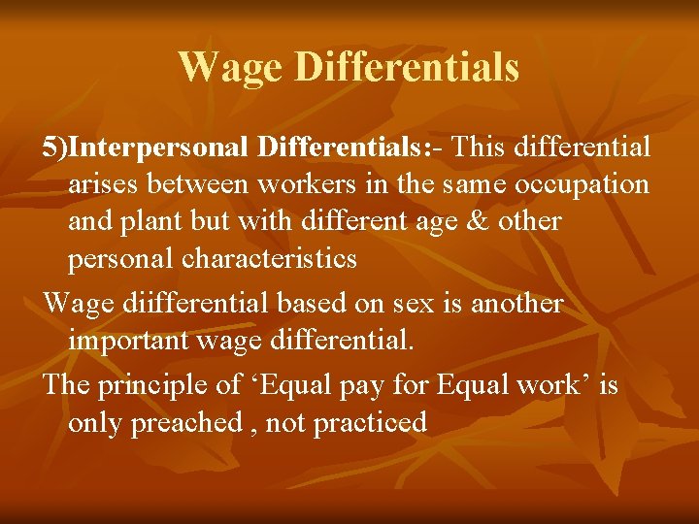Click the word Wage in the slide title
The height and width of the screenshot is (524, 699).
coord(230,67)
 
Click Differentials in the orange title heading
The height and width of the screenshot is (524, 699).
coord(406,67)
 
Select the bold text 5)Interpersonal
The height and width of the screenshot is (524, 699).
coord(147,147)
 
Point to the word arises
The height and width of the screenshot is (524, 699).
coord(104,184)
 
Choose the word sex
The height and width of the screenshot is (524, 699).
coord(413,304)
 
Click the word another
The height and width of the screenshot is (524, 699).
coord(514,304)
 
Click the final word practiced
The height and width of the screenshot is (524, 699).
coord(374,423)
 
